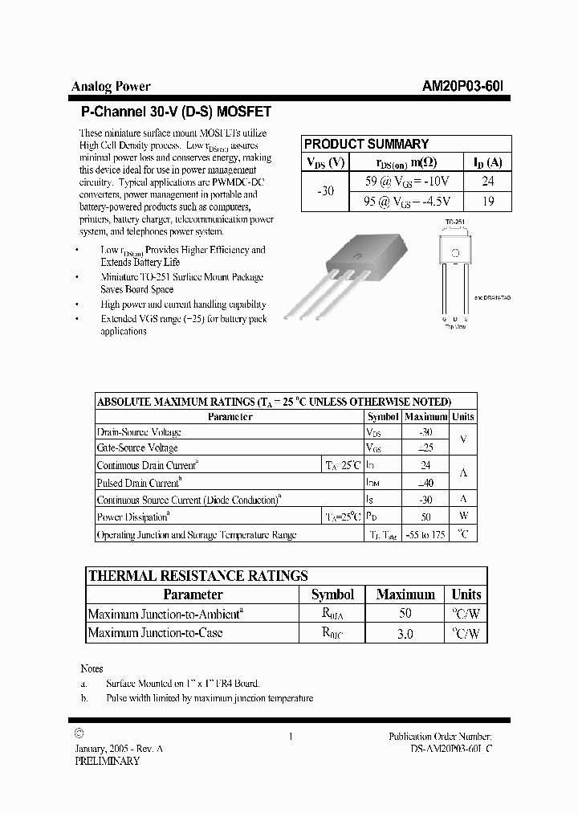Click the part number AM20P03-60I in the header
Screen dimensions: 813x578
pos(463,87)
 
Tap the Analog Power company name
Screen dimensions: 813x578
pos(111,87)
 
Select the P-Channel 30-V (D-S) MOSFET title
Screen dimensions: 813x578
pos(176,112)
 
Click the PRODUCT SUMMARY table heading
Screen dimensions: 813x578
pos(366,144)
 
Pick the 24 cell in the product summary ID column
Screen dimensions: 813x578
pos(487,182)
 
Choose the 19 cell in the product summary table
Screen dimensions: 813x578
pos(487,202)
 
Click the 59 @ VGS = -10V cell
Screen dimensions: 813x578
pos(407,182)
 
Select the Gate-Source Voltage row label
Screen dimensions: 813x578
pos(137,447)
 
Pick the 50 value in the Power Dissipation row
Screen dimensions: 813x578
pos(425,517)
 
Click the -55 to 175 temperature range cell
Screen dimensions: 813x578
pos(425,534)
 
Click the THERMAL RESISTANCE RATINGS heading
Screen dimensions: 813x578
pos(197,575)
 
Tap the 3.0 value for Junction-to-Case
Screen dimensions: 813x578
pos(405,633)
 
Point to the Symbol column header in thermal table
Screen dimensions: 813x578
pos(332,594)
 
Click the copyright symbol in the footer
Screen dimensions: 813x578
pos(78,733)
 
